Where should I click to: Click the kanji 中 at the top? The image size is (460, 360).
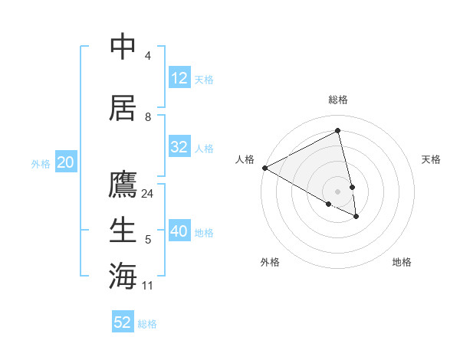click(123, 47)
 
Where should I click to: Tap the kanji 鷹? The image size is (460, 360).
click(123, 185)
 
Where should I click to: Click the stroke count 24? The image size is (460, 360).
click(148, 194)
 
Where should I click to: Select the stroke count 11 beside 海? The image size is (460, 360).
click(148, 286)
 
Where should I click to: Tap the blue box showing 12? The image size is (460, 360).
click(179, 78)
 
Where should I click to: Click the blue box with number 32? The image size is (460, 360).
click(179, 147)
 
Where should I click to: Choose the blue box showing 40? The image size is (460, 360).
click(179, 231)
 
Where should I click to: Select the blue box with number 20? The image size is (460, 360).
click(66, 162)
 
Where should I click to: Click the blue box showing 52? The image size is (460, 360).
click(123, 322)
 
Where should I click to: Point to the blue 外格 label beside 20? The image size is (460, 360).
click(41, 163)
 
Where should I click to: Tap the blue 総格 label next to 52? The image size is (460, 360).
click(147, 324)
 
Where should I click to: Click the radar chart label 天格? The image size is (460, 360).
click(432, 159)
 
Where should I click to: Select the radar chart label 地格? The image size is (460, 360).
click(402, 262)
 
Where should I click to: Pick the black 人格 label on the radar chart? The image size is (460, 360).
click(245, 159)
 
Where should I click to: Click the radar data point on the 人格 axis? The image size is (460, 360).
click(264, 167)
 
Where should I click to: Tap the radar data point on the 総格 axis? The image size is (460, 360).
click(338, 131)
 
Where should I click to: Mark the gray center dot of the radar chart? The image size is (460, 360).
click(338, 191)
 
